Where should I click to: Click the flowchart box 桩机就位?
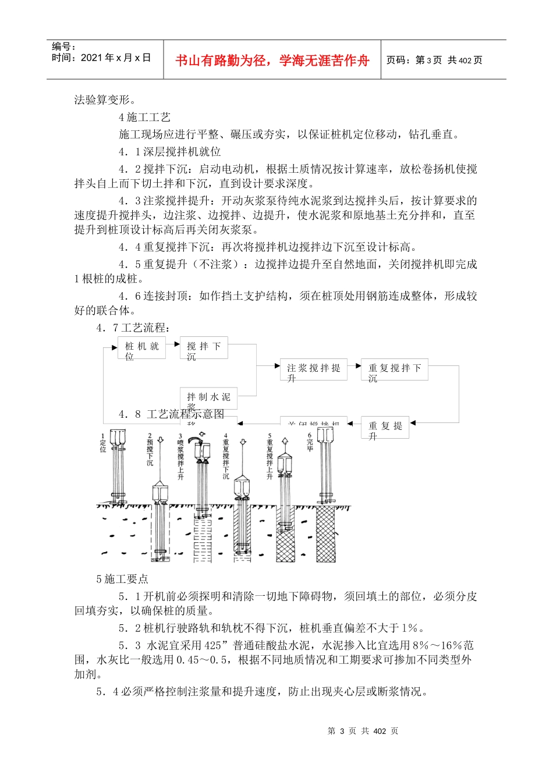click(x=141, y=348)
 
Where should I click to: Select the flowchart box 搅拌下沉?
click(x=203, y=348)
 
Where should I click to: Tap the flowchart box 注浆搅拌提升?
click(x=313, y=370)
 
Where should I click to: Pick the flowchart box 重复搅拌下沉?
click(x=394, y=370)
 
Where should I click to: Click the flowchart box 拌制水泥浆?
click(x=208, y=398)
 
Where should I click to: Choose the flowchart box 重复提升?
click(x=385, y=428)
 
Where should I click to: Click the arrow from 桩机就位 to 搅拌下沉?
click(x=173, y=344)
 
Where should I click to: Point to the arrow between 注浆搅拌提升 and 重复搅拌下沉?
click(x=354, y=366)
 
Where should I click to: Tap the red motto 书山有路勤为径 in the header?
click(x=272, y=61)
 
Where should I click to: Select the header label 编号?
click(x=63, y=47)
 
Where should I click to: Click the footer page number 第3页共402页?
click(x=363, y=731)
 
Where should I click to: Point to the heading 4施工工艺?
click(x=145, y=118)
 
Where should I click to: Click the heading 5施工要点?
click(x=123, y=579)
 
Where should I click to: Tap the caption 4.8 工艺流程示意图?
click(x=171, y=414)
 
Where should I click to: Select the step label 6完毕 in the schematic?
click(x=310, y=442)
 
